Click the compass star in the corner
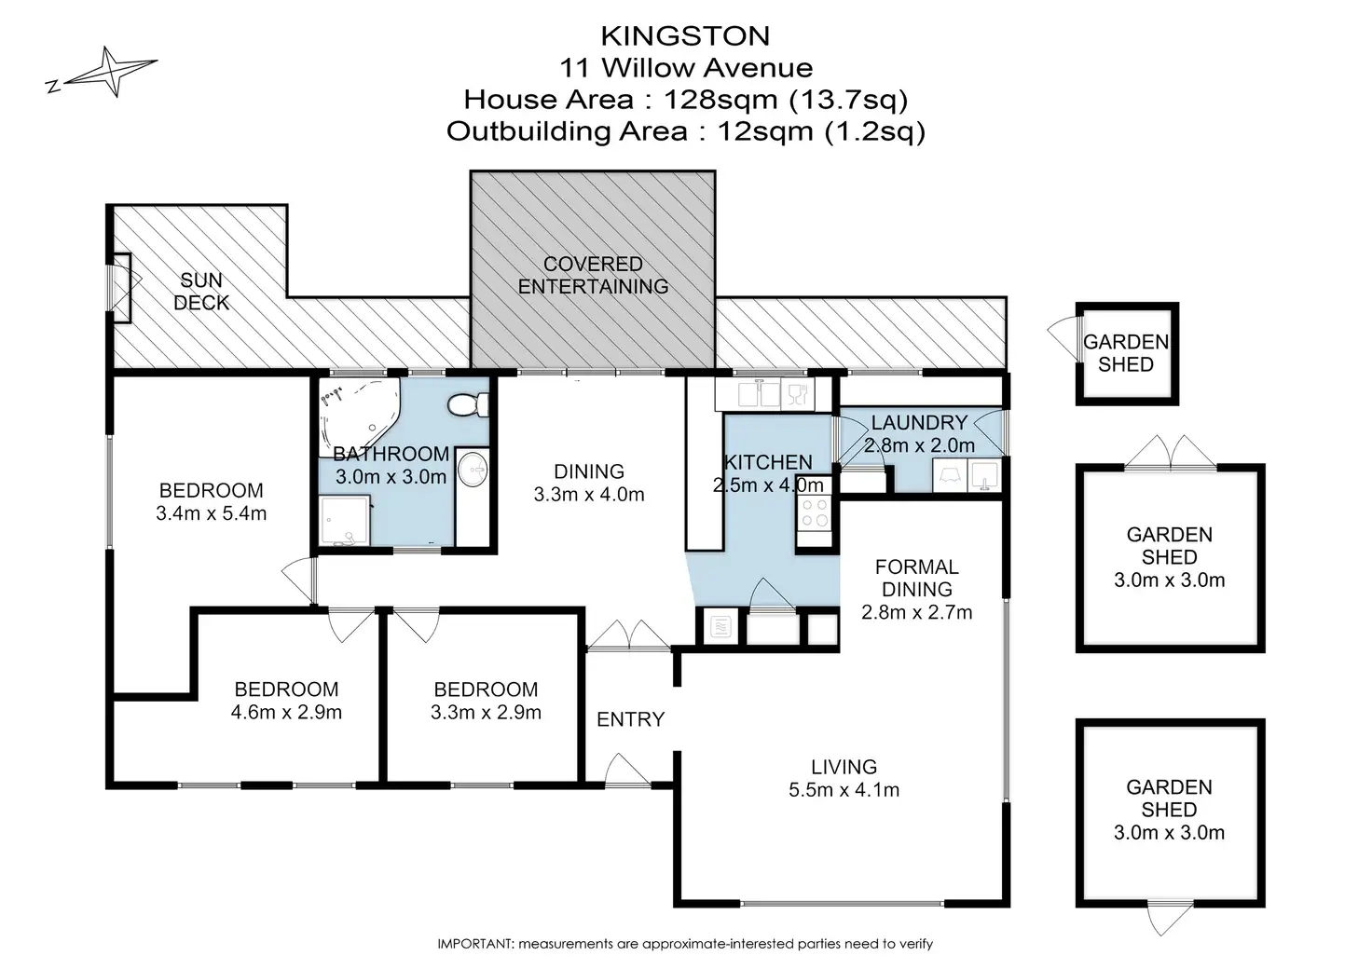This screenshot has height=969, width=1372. coord(111,72)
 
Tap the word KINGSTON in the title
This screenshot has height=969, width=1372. coord(685,35)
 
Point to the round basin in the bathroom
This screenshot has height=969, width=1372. coord(473,469)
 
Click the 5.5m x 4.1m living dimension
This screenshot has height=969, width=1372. coord(844,790)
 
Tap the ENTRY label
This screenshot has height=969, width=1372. coord(630,719)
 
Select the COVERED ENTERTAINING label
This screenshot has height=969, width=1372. coord(593,276)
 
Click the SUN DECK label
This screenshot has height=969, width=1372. coord(201,291)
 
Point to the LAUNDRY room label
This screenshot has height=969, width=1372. coord(919,423)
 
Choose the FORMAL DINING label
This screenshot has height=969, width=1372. coord(917,578)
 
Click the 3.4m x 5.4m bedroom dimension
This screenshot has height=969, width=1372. coord(211,513)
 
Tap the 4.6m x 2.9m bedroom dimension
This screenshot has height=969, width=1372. coord(286,713)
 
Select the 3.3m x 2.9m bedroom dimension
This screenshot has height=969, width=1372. coord(486,713)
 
